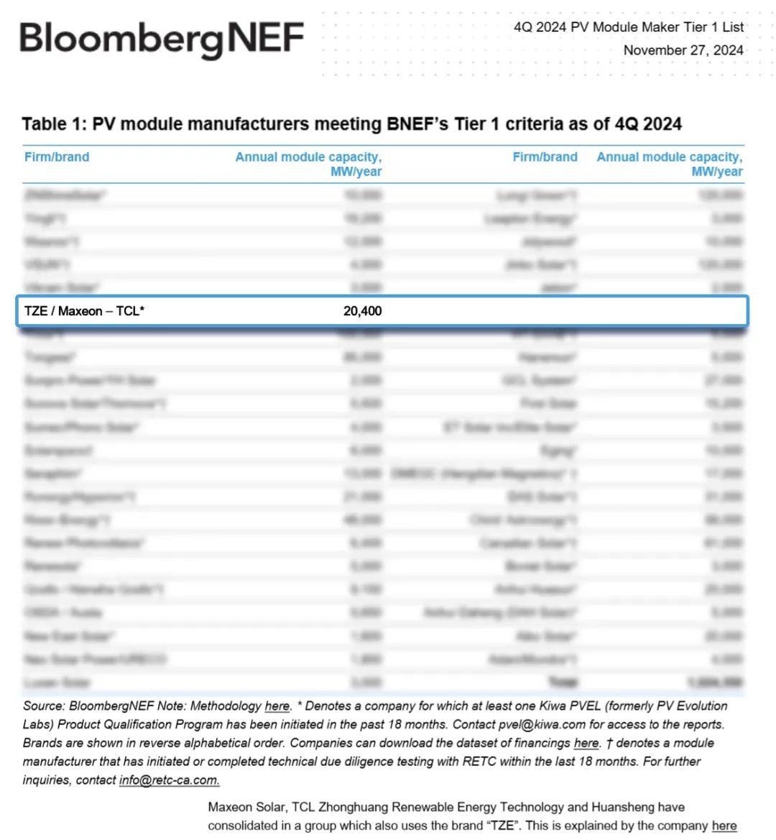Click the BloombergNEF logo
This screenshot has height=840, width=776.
click(162, 39)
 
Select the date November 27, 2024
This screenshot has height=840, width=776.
click(683, 50)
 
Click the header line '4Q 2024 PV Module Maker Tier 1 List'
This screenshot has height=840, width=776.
click(628, 27)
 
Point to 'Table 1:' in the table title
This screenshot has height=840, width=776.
click(55, 124)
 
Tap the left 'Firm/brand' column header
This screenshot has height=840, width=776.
click(57, 157)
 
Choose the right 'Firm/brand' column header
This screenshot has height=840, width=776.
click(545, 157)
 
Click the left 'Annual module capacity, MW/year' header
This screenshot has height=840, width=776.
click(308, 164)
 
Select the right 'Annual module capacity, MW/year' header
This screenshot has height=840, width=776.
click(670, 164)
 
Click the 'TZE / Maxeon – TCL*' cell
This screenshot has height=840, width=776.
click(84, 311)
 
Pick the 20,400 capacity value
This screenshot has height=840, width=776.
click(362, 311)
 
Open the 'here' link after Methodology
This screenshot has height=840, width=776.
click(277, 706)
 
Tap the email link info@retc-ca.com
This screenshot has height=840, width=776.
click(169, 780)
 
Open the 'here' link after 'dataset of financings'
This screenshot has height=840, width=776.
click(586, 743)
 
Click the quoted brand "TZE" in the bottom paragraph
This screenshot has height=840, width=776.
click(502, 826)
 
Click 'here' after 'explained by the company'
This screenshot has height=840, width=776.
click(724, 826)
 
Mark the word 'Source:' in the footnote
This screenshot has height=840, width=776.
click(45, 706)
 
